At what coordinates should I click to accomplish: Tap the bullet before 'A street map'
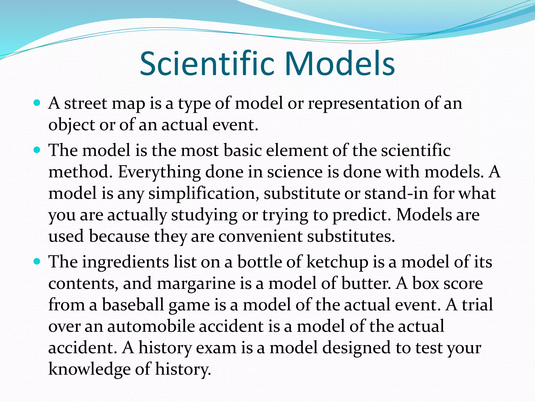pos(37,102)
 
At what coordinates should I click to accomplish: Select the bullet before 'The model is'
pos(37,150)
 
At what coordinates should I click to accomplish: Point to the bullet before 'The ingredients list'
pos(37,261)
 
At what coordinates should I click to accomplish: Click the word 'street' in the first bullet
pos(86,103)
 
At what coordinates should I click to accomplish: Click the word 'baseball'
pos(133,305)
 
